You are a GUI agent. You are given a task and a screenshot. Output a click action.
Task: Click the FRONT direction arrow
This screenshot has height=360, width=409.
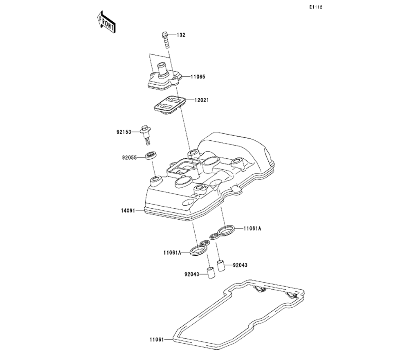click(106, 23)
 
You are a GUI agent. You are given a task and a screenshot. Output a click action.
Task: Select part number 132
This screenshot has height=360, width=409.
click(181, 35)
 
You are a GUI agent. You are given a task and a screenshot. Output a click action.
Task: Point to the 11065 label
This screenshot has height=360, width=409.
click(197, 76)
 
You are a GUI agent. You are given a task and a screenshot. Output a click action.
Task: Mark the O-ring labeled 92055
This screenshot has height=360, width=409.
click(151, 155)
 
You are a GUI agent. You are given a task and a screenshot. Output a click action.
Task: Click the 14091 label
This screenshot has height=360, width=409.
click(128, 211)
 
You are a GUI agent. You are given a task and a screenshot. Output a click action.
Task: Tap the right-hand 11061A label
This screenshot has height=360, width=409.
click(252, 229)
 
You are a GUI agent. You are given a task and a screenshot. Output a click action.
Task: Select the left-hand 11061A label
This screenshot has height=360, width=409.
click(172, 253)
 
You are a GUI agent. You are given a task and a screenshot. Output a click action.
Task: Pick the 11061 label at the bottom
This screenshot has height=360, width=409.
click(157, 339)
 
